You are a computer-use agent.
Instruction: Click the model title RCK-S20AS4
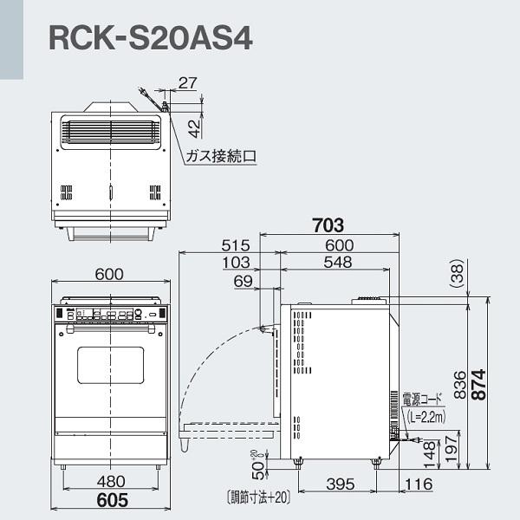click(x=150, y=37)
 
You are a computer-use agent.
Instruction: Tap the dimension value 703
click(x=328, y=225)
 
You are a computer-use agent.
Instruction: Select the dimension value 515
click(x=235, y=245)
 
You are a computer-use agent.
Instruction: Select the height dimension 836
click(x=460, y=380)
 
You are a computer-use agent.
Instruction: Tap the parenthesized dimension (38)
click(x=458, y=276)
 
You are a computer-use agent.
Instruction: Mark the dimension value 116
click(x=417, y=484)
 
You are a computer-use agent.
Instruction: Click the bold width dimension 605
click(x=108, y=500)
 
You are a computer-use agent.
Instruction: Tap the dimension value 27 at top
click(x=186, y=83)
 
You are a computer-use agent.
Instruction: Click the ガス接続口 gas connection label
click(x=221, y=156)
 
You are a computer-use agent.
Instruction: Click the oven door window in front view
click(x=110, y=365)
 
